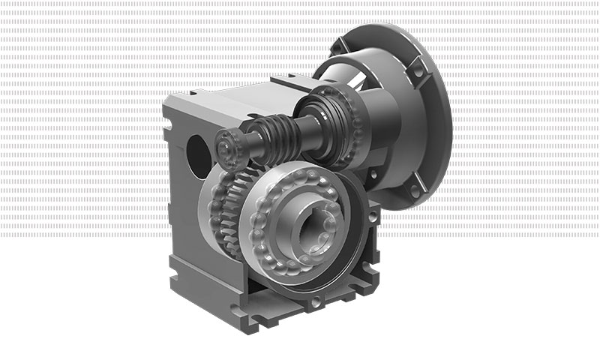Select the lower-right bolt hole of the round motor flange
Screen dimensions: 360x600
[415, 193]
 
